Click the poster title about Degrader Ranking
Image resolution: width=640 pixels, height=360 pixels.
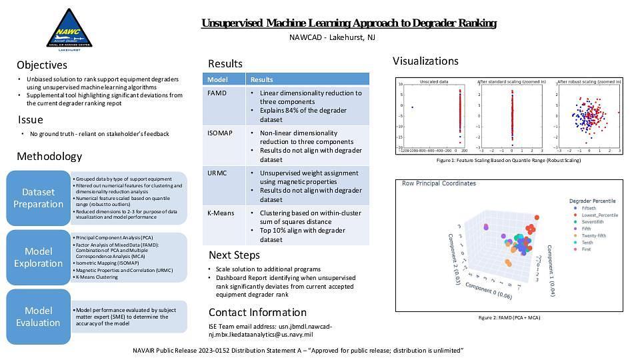(x=349, y=23)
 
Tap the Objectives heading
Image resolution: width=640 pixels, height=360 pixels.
(x=42, y=65)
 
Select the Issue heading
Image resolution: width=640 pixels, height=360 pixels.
(x=31, y=120)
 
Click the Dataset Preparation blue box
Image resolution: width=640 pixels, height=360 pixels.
(x=38, y=198)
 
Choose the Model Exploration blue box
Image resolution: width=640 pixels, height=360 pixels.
(x=38, y=257)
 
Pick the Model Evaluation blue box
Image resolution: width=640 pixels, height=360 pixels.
(x=38, y=317)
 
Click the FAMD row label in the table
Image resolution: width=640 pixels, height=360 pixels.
(x=217, y=93)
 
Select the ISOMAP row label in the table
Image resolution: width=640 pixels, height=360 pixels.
(x=221, y=133)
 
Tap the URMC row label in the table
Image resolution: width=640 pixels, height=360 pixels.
(x=217, y=173)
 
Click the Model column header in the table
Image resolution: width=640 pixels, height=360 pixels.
(x=218, y=79)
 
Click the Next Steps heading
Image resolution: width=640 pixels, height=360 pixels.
(x=234, y=255)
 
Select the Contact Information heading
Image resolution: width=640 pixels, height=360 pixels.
(x=257, y=313)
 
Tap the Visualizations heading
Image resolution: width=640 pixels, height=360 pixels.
(x=425, y=61)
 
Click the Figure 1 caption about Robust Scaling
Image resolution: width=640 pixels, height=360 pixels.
(x=508, y=161)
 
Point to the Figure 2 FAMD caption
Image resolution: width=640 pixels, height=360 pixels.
(x=509, y=318)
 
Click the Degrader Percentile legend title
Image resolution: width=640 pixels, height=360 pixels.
(x=593, y=201)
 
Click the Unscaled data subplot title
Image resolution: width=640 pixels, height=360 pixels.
(x=433, y=81)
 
